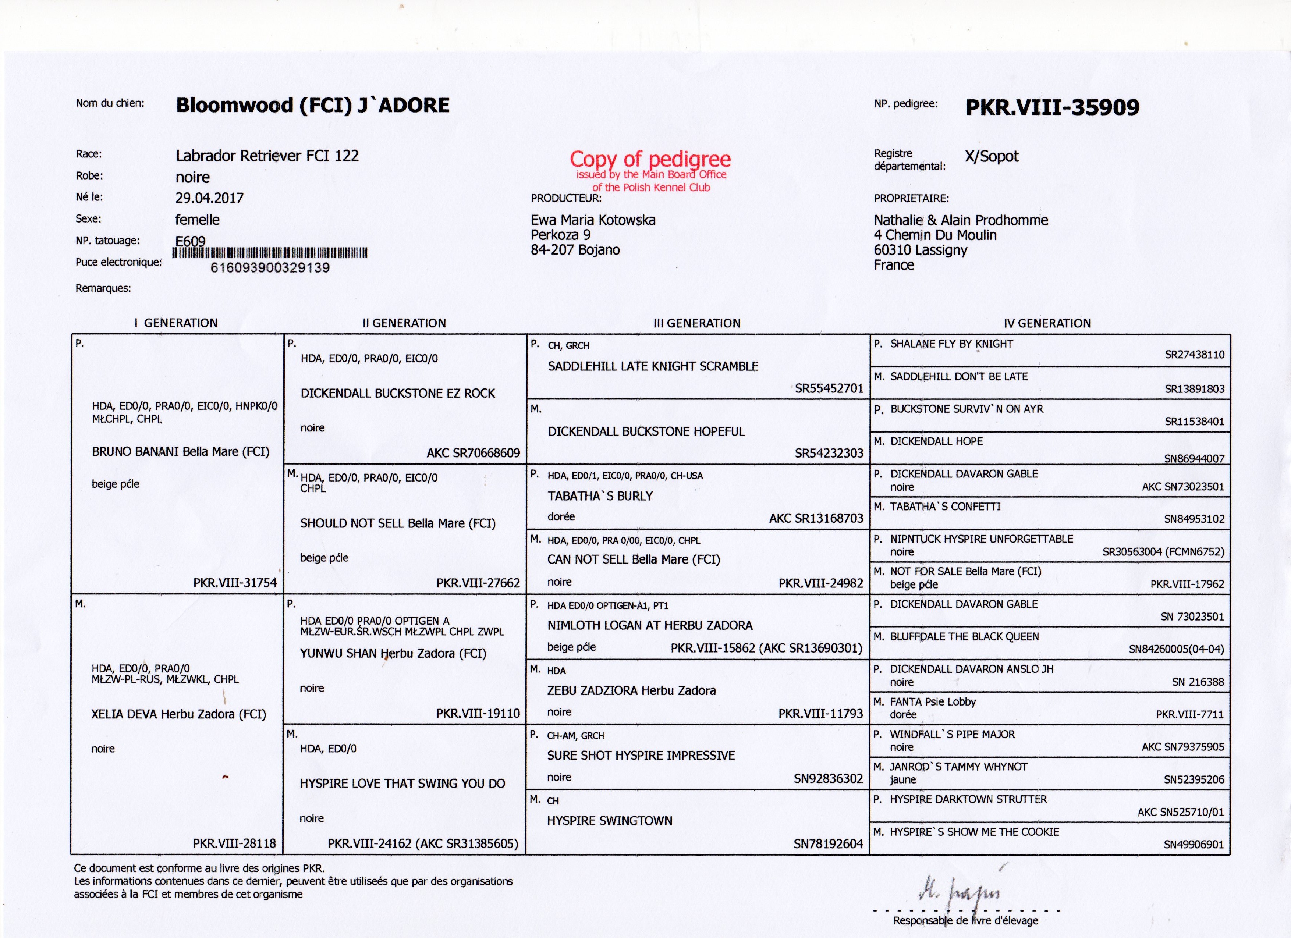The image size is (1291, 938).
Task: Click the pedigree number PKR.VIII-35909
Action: click(1052, 107)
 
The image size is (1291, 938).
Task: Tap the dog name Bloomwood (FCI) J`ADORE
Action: click(312, 105)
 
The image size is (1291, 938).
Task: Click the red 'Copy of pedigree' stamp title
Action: click(650, 159)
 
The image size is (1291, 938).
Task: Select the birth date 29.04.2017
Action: click(209, 198)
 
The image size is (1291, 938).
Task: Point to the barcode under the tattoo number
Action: click(269, 253)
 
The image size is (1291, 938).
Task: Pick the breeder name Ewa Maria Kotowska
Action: click(593, 220)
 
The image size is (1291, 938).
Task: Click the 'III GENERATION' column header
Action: click(697, 323)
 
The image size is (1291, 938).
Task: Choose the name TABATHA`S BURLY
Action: click(600, 496)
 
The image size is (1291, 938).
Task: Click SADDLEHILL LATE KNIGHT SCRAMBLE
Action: click(653, 366)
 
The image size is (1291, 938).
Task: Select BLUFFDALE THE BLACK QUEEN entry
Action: click(964, 637)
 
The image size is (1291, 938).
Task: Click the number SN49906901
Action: click(1193, 845)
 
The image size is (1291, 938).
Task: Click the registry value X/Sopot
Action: click(991, 157)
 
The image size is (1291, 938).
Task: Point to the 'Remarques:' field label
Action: click(103, 288)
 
